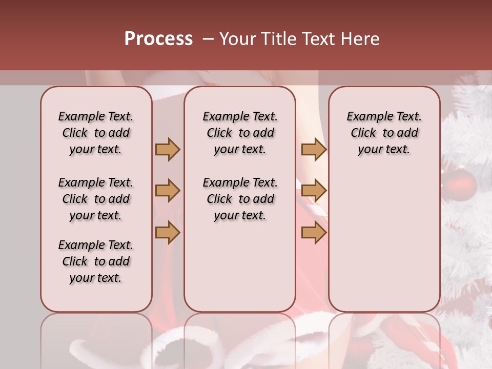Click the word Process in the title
pyautogui.click(x=158, y=39)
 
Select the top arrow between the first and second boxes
pyautogui.click(x=168, y=149)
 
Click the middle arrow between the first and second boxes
pyautogui.click(x=168, y=191)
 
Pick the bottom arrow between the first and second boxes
pyautogui.click(x=168, y=233)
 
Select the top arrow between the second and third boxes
pyautogui.click(x=314, y=149)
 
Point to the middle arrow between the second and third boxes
pyautogui.click(x=314, y=191)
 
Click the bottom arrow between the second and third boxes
pyautogui.click(x=314, y=233)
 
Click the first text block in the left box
pyautogui.click(x=96, y=133)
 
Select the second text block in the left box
pyautogui.click(x=96, y=199)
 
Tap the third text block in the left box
pyautogui.click(x=96, y=261)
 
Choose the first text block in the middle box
pyautogui.click(x=240, y=133)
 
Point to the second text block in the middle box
pyautogui.click(x=240, y=199)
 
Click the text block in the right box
pyautogui.click(x=384, y=133)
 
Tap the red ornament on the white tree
pyautogui.click(x=460, y=184)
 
